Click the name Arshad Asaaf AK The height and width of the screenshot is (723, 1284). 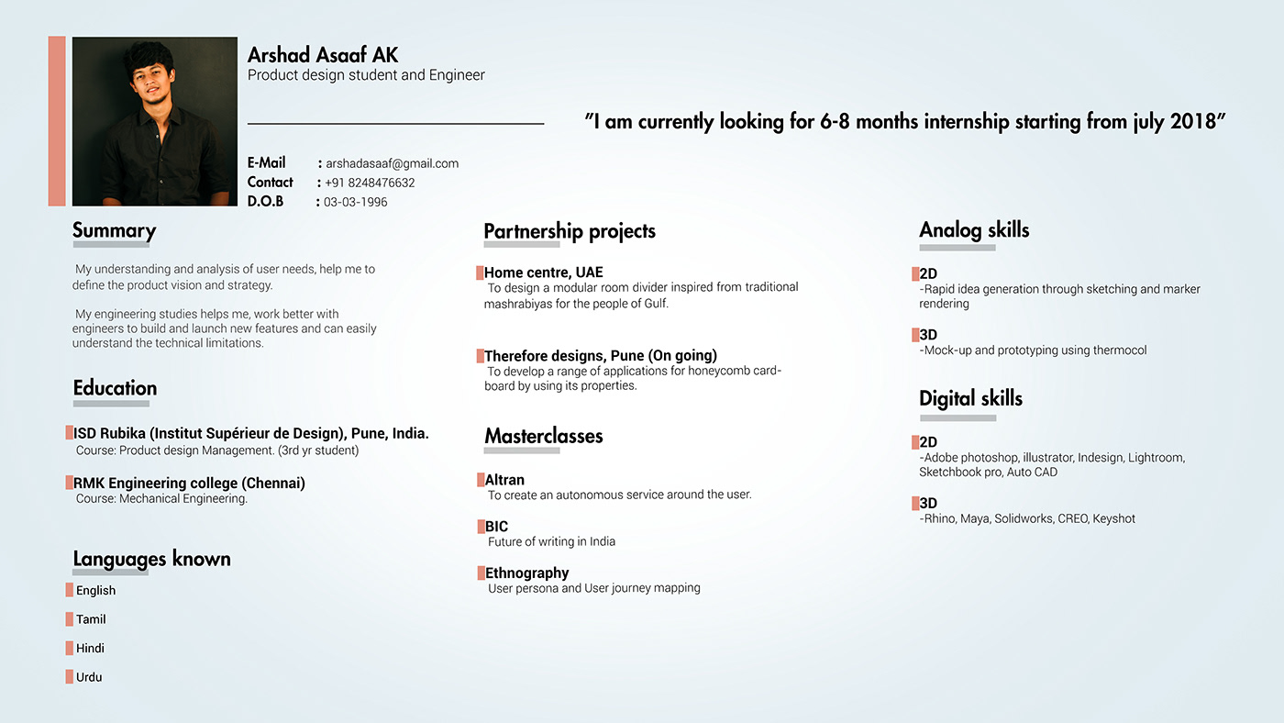[x=323, y=55]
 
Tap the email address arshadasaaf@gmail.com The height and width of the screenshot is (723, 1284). [x=392, y=163]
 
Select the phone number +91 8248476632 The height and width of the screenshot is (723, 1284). [x=370, y=183]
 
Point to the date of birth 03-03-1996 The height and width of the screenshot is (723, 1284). [x=355, y=202]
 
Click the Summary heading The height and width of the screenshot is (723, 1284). [x=114, y=231]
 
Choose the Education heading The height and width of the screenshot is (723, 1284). [x=115, y=388]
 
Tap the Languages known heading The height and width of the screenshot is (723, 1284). [x=151, y=559]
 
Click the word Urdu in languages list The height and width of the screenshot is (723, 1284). [x=89, y=677]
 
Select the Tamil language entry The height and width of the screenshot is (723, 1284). [x=91, y=619]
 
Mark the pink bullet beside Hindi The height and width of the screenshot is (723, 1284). [x=69, y=648]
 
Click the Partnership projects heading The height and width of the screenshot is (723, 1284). [x=570, y=231]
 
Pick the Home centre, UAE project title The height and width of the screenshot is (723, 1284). [x=543, y=273]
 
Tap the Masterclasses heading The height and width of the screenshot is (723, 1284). [x=544, y=436]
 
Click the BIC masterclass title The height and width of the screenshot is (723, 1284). [x=496, y=527]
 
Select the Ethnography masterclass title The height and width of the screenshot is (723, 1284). [x=526, y=573]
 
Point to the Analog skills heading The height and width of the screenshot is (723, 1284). [x=974, y=230]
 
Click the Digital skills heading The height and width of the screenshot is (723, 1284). [x=970, y=398]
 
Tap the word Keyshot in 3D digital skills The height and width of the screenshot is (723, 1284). [x=1113, y=518]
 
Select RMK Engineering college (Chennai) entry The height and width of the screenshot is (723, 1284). [x=189, y=484]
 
